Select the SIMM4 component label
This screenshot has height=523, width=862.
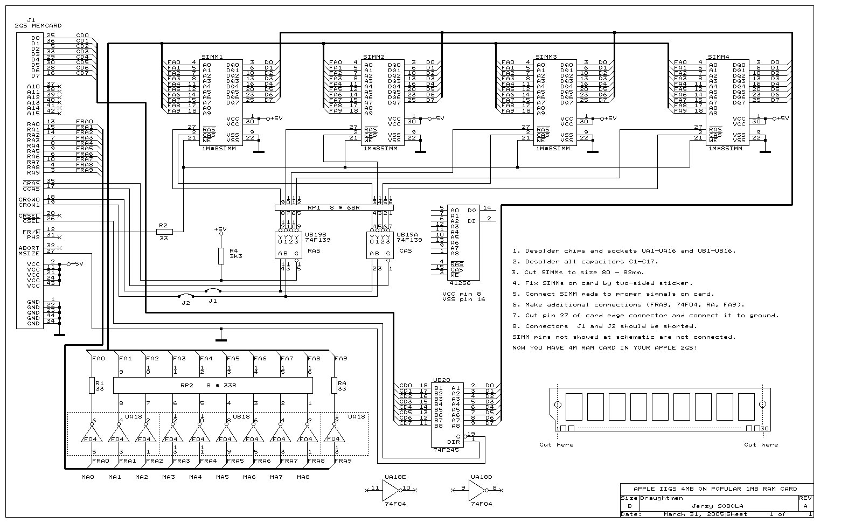coord(718,57)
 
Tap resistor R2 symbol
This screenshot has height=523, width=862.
coord(164,232)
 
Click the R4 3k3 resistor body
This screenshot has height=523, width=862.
coord(220,256)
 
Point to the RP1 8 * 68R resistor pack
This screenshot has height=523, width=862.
coord(334,207)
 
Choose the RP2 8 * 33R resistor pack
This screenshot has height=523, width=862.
coord(213,385)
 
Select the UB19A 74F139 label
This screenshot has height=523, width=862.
coord(409,237)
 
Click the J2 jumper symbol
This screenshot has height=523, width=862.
coord(186,296)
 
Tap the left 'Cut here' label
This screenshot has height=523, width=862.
coord(556,444)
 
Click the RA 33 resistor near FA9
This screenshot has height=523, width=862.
coord(334,385)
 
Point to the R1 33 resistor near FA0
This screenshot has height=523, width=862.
coord(92,385)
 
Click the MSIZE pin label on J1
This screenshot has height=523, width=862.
coord(29,253)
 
